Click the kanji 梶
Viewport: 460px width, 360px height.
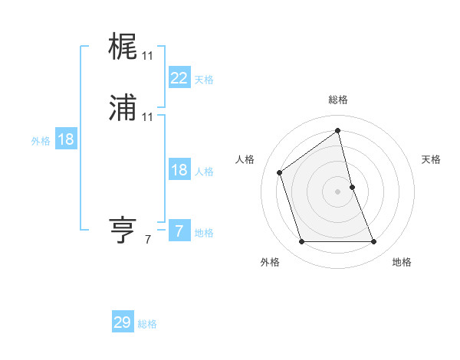(123, 48)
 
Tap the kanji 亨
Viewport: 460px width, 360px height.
(123, 230)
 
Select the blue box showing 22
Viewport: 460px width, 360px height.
(179, 78)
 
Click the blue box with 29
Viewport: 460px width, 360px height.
(123, 322)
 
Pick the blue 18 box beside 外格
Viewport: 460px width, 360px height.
(66, 139)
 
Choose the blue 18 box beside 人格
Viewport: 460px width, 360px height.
(179, 171)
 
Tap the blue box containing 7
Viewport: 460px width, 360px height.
(179, 231)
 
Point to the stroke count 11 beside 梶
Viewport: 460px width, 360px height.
(148, 56)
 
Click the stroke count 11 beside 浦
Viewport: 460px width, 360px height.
(148, 117)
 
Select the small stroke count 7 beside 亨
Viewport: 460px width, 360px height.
(147, 240)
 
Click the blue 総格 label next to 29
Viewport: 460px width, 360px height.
(147, 324)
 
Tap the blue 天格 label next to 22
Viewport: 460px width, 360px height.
(204, 80)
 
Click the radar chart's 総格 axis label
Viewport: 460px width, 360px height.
(338, 100)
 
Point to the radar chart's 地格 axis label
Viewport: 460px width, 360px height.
(402, 263)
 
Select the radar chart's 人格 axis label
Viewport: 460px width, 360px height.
(245, 159)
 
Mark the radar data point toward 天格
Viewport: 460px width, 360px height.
(352, 187)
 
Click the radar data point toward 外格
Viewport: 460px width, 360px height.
(301, 242)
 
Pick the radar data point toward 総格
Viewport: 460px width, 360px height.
(338, 131)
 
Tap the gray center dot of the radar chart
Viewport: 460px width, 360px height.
(338, 191)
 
